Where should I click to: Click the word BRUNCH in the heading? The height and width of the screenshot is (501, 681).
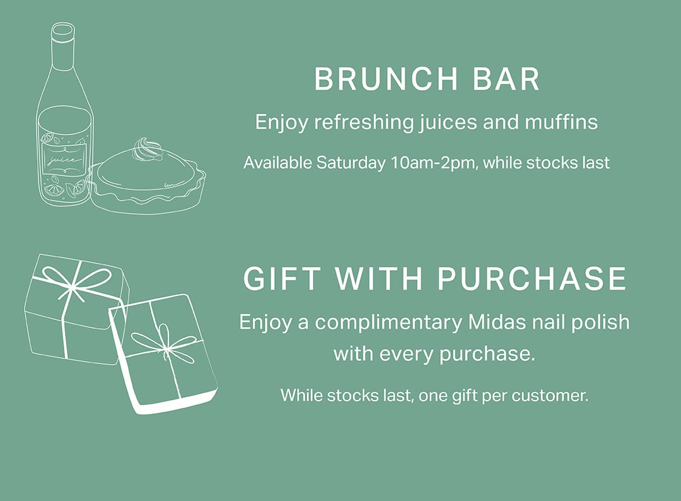[x=386, y=79]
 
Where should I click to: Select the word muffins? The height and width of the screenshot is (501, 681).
[x=561, y=122]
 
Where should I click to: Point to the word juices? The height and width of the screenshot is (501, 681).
[x=447, y=122]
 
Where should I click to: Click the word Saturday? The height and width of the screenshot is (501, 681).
[x=351, y=163]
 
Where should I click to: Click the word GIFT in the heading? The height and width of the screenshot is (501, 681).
[x=282, y=278]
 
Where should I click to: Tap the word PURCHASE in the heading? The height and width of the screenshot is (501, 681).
[x=532, y=278]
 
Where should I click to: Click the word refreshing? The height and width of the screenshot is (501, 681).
[x=364, y=122]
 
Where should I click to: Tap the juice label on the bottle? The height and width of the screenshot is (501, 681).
[x=64, y=160]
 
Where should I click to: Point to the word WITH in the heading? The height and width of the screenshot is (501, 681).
[x=378, y=278]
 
